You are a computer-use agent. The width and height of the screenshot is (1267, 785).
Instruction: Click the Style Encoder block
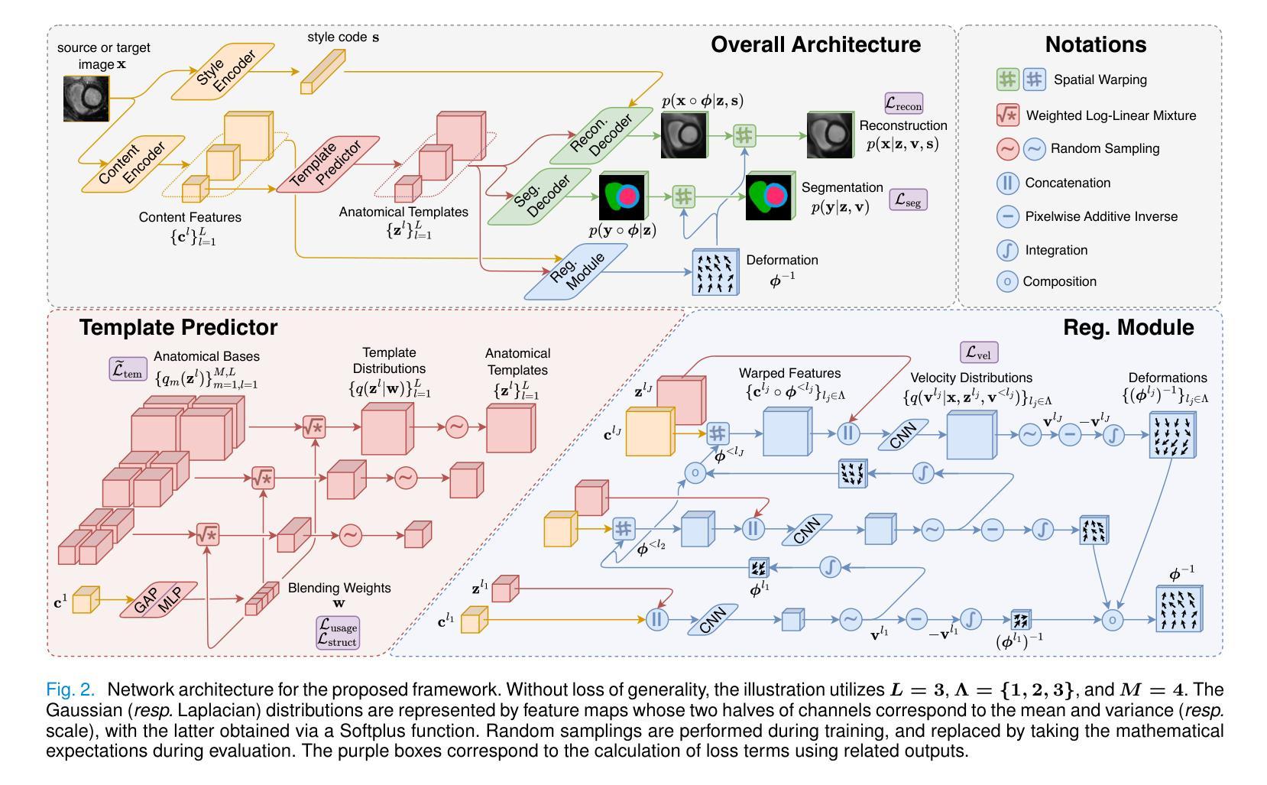[x=223, y=72]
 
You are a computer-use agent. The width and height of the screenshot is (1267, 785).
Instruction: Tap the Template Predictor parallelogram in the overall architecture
[x=328, y=164]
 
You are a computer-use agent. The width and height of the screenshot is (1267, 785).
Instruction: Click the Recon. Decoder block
[x=601, y=136]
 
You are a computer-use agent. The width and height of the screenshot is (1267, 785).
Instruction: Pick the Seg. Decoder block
[x=540, y=196]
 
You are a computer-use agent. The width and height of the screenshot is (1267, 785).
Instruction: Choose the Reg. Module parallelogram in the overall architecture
[x=576, y=271]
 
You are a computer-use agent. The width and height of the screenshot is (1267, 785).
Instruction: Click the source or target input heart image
[x=86, y=99]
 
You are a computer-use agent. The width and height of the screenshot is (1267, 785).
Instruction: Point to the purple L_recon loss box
[x=904, y=103]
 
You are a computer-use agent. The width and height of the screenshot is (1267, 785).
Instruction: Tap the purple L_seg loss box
[x=909, y=199]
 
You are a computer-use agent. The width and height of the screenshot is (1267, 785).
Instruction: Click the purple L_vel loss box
[x=979, y=352]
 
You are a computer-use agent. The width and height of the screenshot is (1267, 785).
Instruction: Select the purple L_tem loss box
[x=128, y=369]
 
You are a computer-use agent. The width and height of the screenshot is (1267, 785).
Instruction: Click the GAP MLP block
[x=159, y=599]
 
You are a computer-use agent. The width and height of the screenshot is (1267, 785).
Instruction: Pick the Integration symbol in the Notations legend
[x=1007, y=250]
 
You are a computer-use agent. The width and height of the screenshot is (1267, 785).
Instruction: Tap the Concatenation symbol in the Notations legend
[x=1007, y=183]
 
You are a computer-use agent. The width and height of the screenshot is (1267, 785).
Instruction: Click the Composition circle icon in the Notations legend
[x=1007, y=281]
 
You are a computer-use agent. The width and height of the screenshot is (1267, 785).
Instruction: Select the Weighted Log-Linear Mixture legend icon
[x=1007, y=115]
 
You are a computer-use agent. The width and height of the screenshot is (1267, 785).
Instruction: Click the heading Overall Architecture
[x=815, y=44]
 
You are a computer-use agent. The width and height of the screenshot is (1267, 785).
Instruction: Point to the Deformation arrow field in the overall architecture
[x=715, y=272]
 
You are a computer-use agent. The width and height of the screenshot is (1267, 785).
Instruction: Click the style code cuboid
[x=322, y=71]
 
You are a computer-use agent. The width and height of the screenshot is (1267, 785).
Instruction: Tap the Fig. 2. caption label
[x=70, y=689]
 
